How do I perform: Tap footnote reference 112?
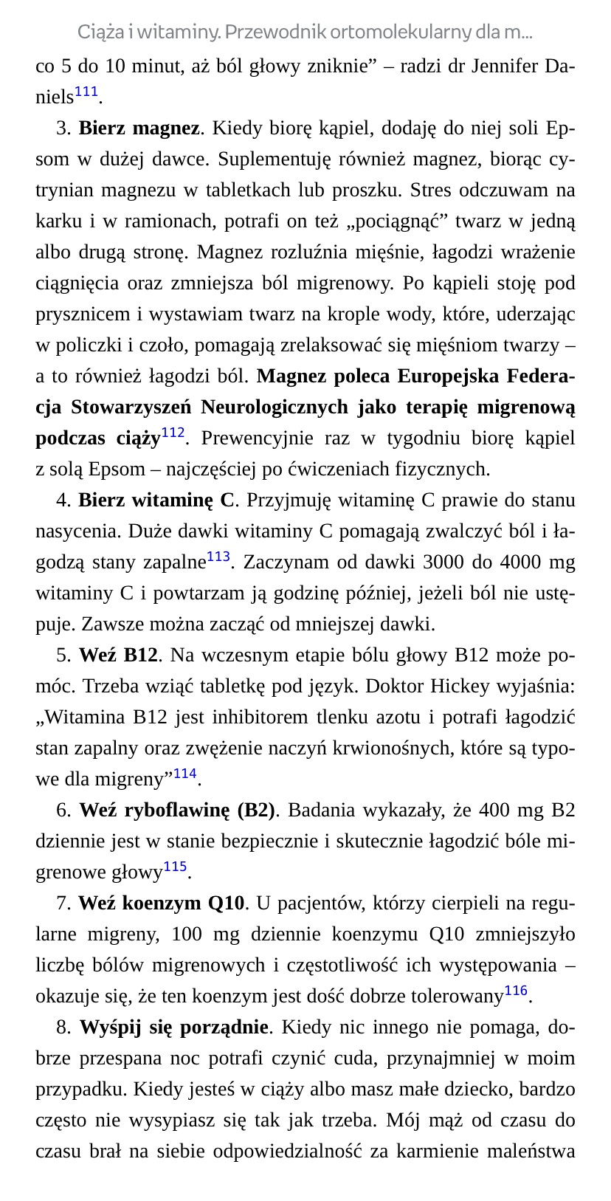pyautogui.click(x=173, y=433)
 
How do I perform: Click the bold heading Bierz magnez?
pyautogui.click(x=139, y=128)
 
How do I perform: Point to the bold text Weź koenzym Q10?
pyautogui.click(x=161, y=904)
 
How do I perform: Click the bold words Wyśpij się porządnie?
pyautogui.click(x=173, y=1028)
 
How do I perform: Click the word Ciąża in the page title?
pyautogui.click(x=100, y=32)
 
